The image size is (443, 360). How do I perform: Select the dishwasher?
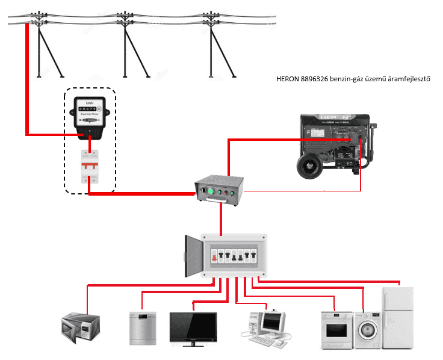tap(143, 327)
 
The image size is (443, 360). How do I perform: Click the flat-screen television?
tap(193, 327)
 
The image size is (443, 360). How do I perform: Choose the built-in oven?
tap(336, 329)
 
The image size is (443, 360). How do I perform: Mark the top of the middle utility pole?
tap(126, 14)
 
